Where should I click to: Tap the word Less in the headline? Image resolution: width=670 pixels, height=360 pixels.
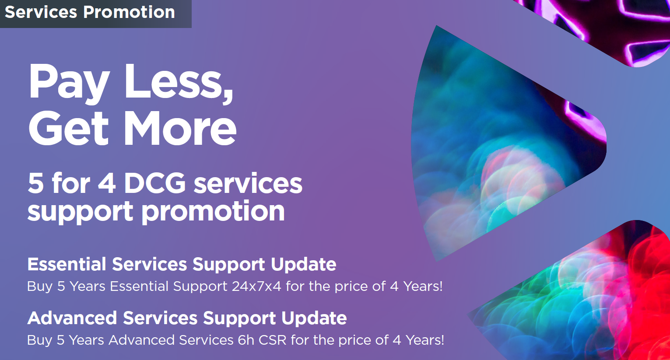pos(179,81)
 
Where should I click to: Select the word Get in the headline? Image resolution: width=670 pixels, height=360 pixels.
pos(68,128)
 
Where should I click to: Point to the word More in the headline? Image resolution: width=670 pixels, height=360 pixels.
pos(180,128)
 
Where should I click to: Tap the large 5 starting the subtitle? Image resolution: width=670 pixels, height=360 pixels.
pos(35,183)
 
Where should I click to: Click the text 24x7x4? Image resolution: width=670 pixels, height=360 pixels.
pos(256,286)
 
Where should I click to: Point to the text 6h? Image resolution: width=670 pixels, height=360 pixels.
pos(246,340)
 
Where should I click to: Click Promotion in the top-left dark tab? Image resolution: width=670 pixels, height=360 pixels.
pos(129,12)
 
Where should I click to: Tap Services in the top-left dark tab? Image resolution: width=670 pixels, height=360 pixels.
pos(41,12)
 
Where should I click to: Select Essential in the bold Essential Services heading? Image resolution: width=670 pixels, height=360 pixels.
pos(67,264)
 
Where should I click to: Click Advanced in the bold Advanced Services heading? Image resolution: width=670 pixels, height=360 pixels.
pos(72,318)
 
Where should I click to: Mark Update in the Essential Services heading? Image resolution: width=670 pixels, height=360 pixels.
pos(304,264)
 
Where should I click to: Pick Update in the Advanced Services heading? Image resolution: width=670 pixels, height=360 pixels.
pos(314,318)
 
